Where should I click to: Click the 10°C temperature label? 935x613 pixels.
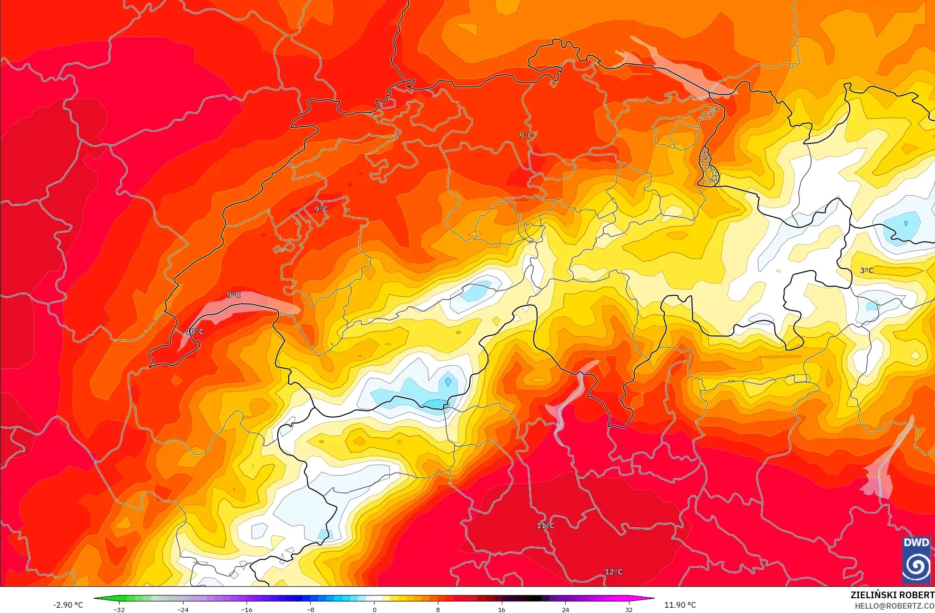click(x=194, y=332)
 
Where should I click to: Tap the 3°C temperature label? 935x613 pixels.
click(x=867, y=271)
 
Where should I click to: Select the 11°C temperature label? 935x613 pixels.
click(x=546, y=526)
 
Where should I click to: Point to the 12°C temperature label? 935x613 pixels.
click(x=614, y=572)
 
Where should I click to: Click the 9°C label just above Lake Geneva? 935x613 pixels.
click(x=234, y=295)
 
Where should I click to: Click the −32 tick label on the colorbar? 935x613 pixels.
click(x=119, y=610)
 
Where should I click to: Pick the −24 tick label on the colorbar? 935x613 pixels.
click(x=183, y=610)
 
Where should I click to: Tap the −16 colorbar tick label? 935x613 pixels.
click(x=246, y=610)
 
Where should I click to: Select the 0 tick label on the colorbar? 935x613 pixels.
click(x=375, y=610)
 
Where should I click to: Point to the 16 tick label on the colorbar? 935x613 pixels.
click(x=501, y=610)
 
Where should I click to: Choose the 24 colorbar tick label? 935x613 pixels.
click(x=565, y=610)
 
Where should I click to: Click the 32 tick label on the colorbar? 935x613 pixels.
click(x=629, y=610)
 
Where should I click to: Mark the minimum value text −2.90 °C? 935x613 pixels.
click(x=68, y=605)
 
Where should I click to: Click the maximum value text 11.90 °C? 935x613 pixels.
click(x=680, y=605)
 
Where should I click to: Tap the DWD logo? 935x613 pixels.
click(x=916, y=560)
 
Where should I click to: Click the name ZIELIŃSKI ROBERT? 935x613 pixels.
click(x=892, y=595)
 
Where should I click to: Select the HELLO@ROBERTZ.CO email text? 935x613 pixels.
click(x=894, y=606)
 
